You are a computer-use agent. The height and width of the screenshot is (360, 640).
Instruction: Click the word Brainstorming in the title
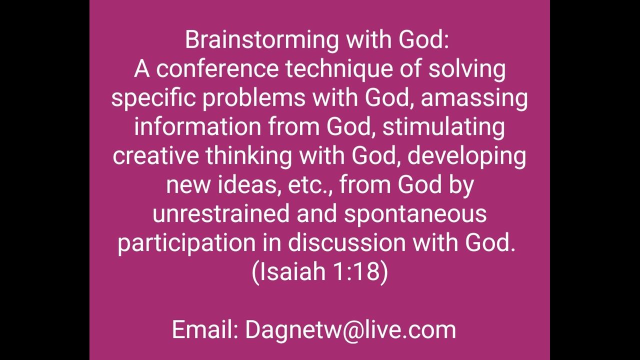[x=261, y=41]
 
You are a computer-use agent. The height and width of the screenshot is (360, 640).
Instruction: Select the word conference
[x=217, y=69]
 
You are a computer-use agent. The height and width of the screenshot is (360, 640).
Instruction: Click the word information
[x=197, y=126]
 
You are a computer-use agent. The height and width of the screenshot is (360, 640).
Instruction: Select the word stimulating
[x=443, y=127]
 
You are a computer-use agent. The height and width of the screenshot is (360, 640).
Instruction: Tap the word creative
[x=155, y=156]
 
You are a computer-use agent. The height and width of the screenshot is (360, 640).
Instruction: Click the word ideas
[x=248, y=185]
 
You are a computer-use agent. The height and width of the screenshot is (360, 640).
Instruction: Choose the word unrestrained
[x=221, y=213]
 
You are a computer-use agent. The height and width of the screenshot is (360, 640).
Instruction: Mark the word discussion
[x=346, y=242]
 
